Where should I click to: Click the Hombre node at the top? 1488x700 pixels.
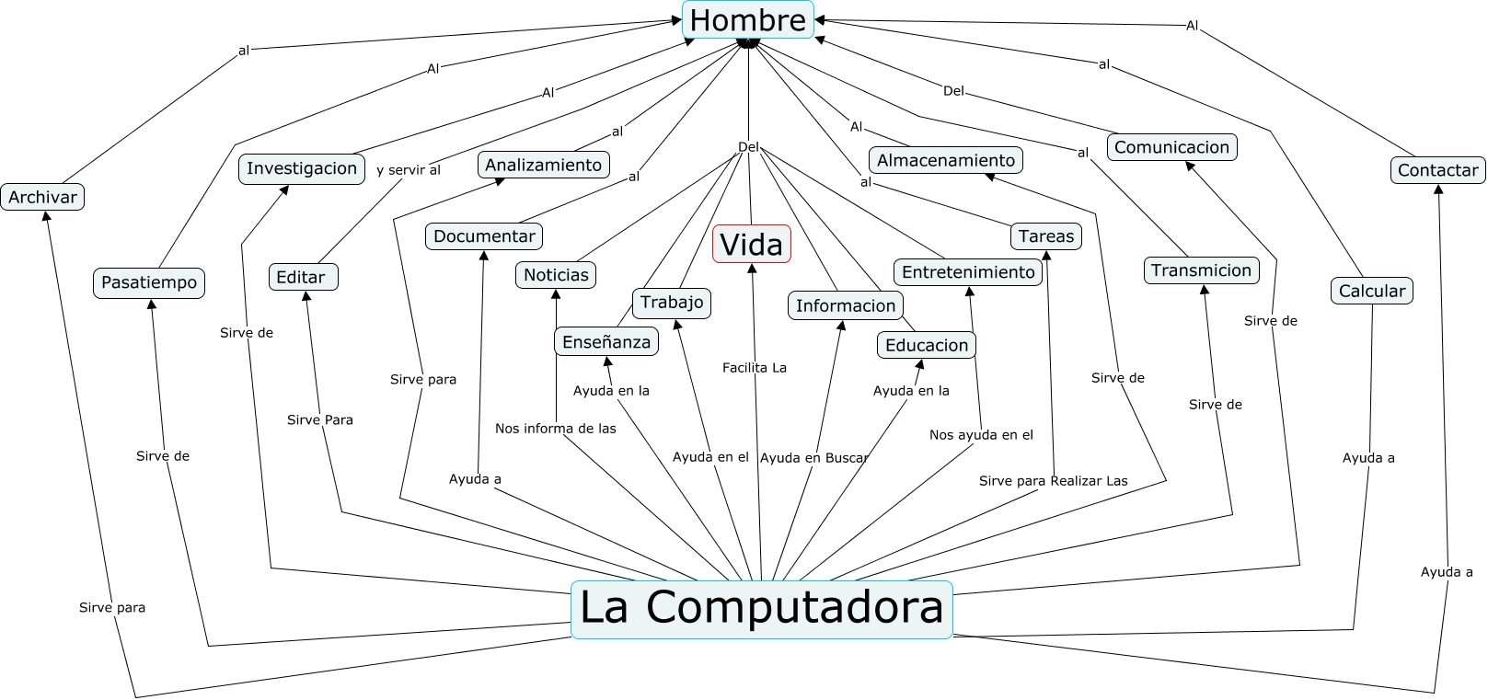click(747, 20)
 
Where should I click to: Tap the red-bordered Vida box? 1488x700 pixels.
click(751, 245)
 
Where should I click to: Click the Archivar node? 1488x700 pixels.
click(42, 197)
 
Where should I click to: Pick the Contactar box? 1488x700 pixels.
click(1437, 170)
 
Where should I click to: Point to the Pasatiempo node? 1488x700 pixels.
click(148, 282)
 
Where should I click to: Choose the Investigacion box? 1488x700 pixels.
click(301, 168)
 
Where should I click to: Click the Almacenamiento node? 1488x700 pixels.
click(945, 161)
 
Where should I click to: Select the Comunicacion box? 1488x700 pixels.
click(1171, 147)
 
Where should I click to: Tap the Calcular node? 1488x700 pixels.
click(1371, 291)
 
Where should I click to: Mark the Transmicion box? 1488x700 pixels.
click(1201, 270)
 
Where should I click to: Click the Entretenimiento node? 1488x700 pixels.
click(968, 272)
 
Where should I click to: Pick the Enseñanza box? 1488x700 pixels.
click(606, 342)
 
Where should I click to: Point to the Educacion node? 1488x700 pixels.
click(926, 346)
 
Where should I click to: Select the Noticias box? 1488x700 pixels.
click(556, 275)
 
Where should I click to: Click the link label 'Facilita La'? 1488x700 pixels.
click(754, 368)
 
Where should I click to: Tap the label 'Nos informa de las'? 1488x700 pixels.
click(555, 429)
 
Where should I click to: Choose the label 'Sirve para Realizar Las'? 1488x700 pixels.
click(1053, 481)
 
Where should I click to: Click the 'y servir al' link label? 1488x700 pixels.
click(408, 170)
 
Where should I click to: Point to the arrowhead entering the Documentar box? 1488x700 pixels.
click(484, 255)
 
